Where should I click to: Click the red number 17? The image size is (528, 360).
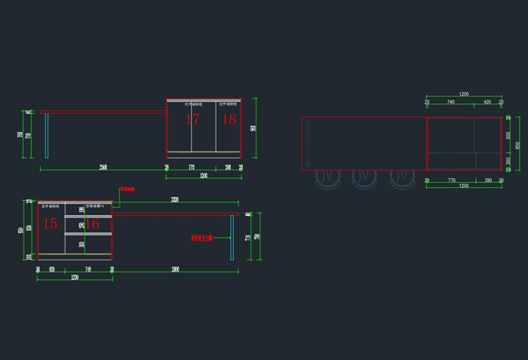click(192, 119)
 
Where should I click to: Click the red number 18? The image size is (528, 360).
click(229, 119)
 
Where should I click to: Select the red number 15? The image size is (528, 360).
click(50, 223)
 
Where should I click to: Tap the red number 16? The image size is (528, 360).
click(92, 223)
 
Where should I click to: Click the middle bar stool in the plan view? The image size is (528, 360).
click(364, 179)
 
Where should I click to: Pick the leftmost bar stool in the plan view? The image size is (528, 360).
click(327, 179)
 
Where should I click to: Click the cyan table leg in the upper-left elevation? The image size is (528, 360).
click(47, 135)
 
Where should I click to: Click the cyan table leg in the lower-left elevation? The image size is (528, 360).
click(232, 237)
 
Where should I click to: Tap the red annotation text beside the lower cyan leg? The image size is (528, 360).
click(201, 238)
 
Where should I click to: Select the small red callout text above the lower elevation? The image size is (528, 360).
click(127, 189)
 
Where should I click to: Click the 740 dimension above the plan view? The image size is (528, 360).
click(451, 101)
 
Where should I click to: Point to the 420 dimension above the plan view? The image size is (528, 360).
click(487, 101)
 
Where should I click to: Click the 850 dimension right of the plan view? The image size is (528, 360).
click(517, 145)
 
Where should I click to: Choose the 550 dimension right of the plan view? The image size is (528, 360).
click(508, 135)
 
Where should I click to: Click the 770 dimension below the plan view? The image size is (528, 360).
click(452, 180)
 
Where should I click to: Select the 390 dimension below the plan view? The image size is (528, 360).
click(488, 180)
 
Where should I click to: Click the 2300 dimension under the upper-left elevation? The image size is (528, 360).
click(103, 166)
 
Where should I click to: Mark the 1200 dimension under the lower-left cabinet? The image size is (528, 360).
click(75, 278)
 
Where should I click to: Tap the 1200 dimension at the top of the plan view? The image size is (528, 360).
click(463, 94)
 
